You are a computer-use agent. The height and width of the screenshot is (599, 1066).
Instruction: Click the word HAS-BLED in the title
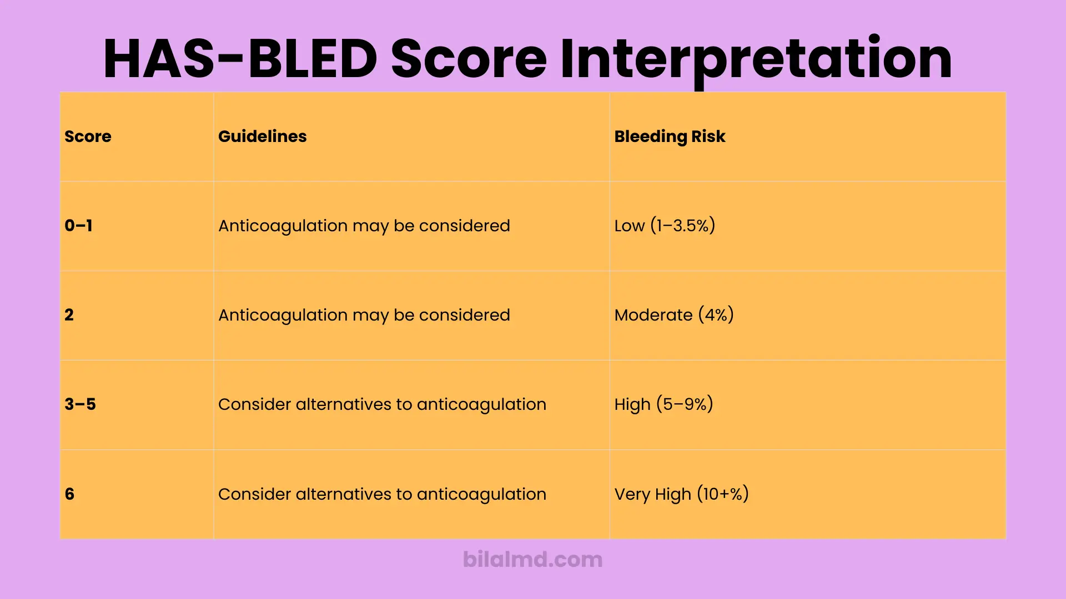pos(240,59)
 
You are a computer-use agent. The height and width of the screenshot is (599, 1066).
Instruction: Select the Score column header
pos(88,136)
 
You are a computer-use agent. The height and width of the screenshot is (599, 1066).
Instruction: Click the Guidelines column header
pos(262,136)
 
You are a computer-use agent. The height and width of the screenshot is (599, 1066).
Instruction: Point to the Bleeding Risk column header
pos(670,136)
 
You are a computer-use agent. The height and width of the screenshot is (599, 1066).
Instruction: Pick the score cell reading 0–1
pos(78,226)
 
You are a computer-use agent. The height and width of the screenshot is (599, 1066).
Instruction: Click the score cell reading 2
pos(69,315)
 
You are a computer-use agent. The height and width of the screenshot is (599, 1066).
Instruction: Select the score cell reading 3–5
pos(80,404)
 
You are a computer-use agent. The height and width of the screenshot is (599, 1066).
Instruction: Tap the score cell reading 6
pos(69,494)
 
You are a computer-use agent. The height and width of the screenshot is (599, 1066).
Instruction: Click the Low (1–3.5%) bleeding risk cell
pos(665,226)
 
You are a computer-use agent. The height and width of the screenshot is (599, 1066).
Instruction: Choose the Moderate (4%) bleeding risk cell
pos(674,315)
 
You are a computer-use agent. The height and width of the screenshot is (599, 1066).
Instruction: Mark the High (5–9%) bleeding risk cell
pos(663,404)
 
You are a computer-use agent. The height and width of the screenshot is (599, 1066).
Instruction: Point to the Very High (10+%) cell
pos(681,494)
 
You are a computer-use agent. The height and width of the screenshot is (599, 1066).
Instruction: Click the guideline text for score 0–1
pos(364,226)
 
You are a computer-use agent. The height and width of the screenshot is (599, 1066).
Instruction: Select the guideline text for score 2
pos(364,315)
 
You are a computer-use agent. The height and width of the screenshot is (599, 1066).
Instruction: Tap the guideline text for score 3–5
pos(382,404)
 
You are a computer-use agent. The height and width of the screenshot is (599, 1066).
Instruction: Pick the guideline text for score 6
pos(382,494)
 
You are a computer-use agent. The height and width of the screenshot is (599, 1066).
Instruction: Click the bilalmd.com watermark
pos(532,560)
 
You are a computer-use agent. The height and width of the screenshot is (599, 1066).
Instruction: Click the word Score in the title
pos(469,59)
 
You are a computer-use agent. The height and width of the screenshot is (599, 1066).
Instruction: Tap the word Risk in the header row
pos(708,136)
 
